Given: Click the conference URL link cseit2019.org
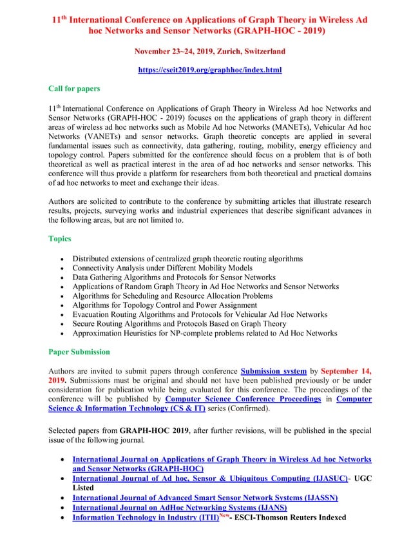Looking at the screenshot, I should pos(210,69).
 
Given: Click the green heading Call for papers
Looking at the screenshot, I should pos(74,88).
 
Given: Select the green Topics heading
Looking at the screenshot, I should pos(60,238).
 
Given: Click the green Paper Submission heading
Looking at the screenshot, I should pos(79,352).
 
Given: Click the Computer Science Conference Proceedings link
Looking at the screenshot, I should pos(243,399).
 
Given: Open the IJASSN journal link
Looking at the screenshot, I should pos(205,498).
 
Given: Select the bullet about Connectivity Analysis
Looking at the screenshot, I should pos(162,267).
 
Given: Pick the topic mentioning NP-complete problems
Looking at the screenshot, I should pos(204,333).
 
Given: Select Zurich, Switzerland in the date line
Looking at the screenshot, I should pos(245,51).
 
